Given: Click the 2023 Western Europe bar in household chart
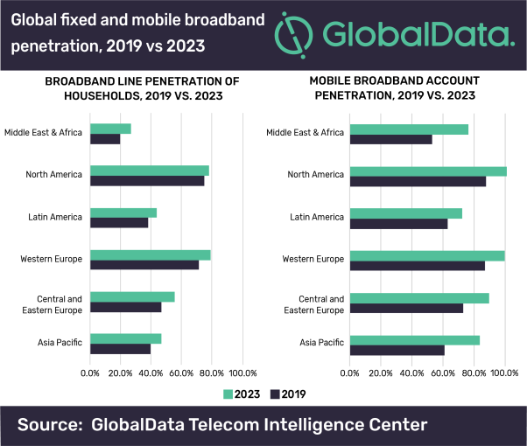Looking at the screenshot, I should coord(150,255).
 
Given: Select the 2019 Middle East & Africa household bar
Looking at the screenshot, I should coord(105,139).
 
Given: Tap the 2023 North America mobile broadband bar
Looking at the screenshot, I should coord(427,171).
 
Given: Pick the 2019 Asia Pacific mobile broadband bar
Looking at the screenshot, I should coord(397,351).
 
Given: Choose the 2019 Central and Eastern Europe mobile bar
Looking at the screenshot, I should coord(405,308).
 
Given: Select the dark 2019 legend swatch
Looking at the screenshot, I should coord(276,394).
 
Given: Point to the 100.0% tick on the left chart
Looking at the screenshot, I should coord(242,373).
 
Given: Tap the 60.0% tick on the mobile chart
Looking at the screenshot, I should coord(443,373).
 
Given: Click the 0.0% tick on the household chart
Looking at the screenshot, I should coord(90,373).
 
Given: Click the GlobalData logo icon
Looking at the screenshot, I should coord(295,34).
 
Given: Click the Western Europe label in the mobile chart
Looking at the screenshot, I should coord(314,258).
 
